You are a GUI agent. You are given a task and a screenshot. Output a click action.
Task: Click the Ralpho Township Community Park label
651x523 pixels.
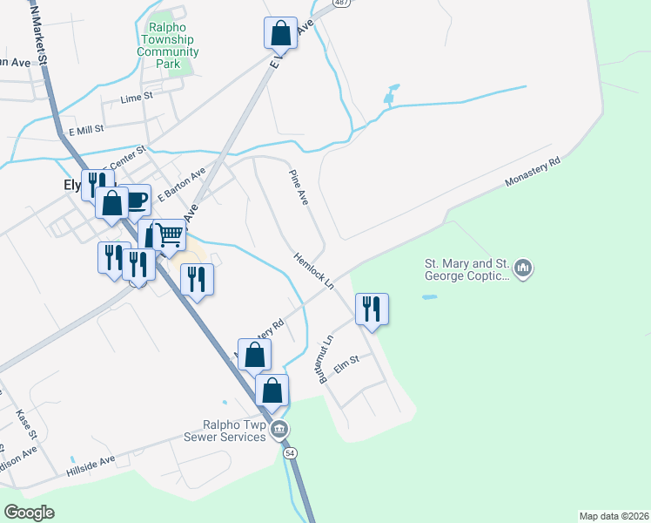[x=168, y=45]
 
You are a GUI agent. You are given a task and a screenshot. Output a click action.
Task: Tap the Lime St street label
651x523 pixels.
[x=137, y=98]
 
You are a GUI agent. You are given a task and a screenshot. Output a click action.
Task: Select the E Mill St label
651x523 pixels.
[x=86, y=129]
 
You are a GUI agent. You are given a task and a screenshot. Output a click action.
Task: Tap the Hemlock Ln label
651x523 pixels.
[x=313, y=270]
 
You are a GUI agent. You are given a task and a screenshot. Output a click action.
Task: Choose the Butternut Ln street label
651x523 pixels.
[x=325, y=360]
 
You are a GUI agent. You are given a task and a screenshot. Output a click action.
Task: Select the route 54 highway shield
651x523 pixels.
[x=290, y=452]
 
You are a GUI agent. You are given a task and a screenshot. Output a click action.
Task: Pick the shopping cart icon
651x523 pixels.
[x=171, y=233]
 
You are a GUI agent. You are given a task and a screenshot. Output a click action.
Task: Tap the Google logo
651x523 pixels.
[x=30, y=513]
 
